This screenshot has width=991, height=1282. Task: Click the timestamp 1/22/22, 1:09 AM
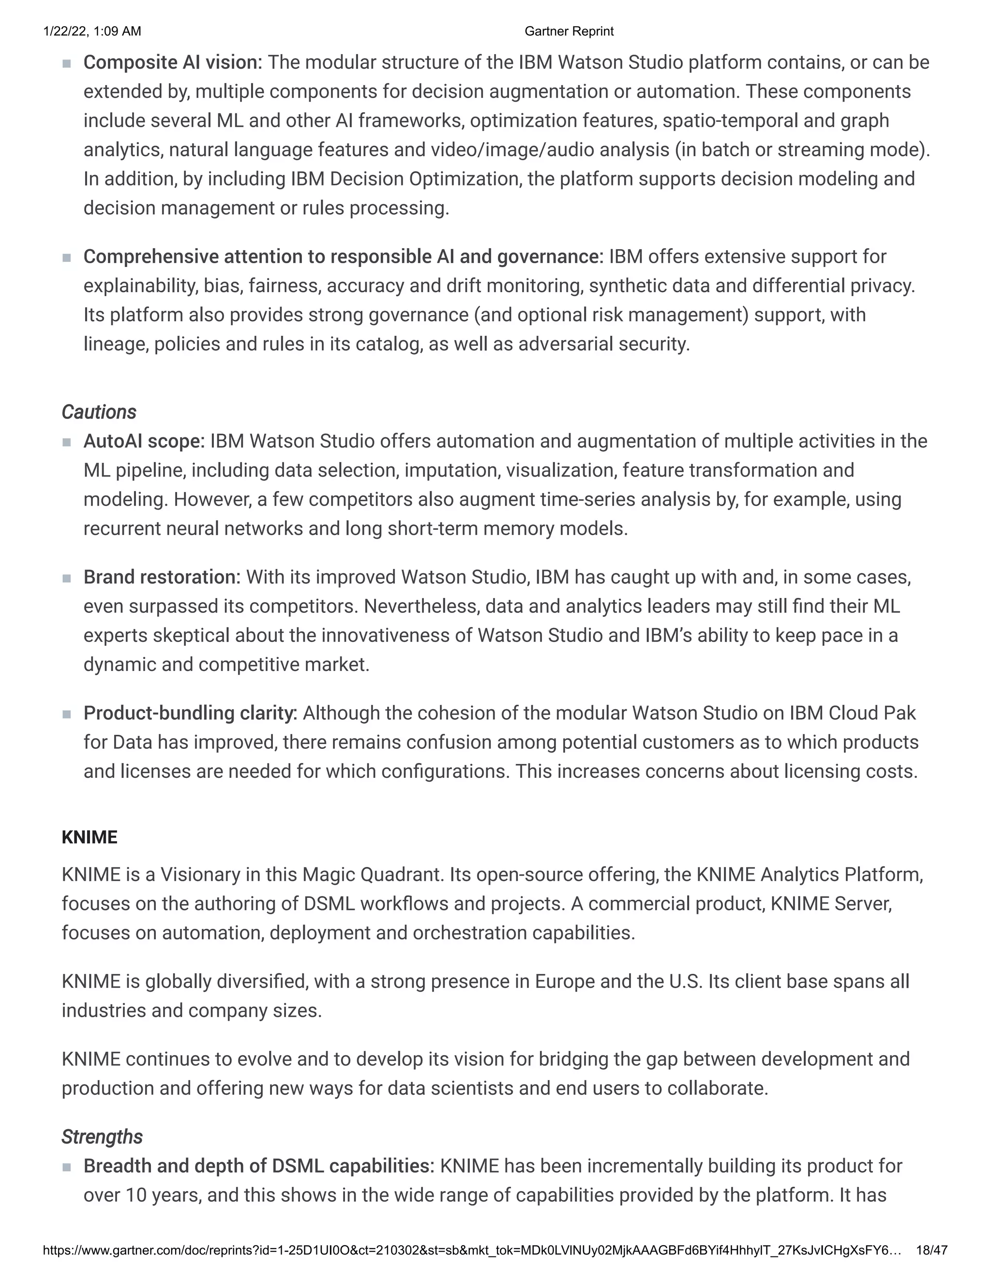[x=92, y=31]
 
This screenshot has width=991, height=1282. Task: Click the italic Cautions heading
[x=99, y=412]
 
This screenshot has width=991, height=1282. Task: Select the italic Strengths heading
[x=102, y=1137]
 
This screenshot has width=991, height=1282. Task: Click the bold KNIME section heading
[x=89, y=837]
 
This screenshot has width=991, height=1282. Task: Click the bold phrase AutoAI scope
[x=144, y=441]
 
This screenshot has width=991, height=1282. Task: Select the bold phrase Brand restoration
[x=162, y=577]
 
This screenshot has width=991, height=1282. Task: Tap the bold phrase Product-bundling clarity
[x=190, y=713]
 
